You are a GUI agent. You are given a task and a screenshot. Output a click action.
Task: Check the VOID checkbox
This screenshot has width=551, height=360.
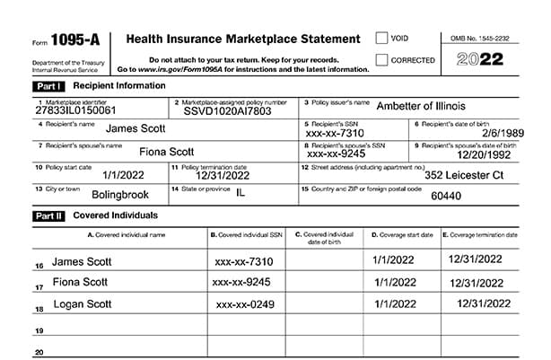(x=382, y=39)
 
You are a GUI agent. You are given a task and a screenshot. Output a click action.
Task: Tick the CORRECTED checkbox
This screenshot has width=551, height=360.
(x=382, y=60)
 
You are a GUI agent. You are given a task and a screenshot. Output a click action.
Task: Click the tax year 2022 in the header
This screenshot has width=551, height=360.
(x=482, y=60)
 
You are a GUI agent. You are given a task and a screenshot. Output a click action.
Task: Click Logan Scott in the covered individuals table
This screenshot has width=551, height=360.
(x=82, y=304)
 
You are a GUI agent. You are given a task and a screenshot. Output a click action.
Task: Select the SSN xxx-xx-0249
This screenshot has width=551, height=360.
(x=242, y=305)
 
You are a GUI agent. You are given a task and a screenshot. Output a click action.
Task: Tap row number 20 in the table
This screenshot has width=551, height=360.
(x=39, y=353)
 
